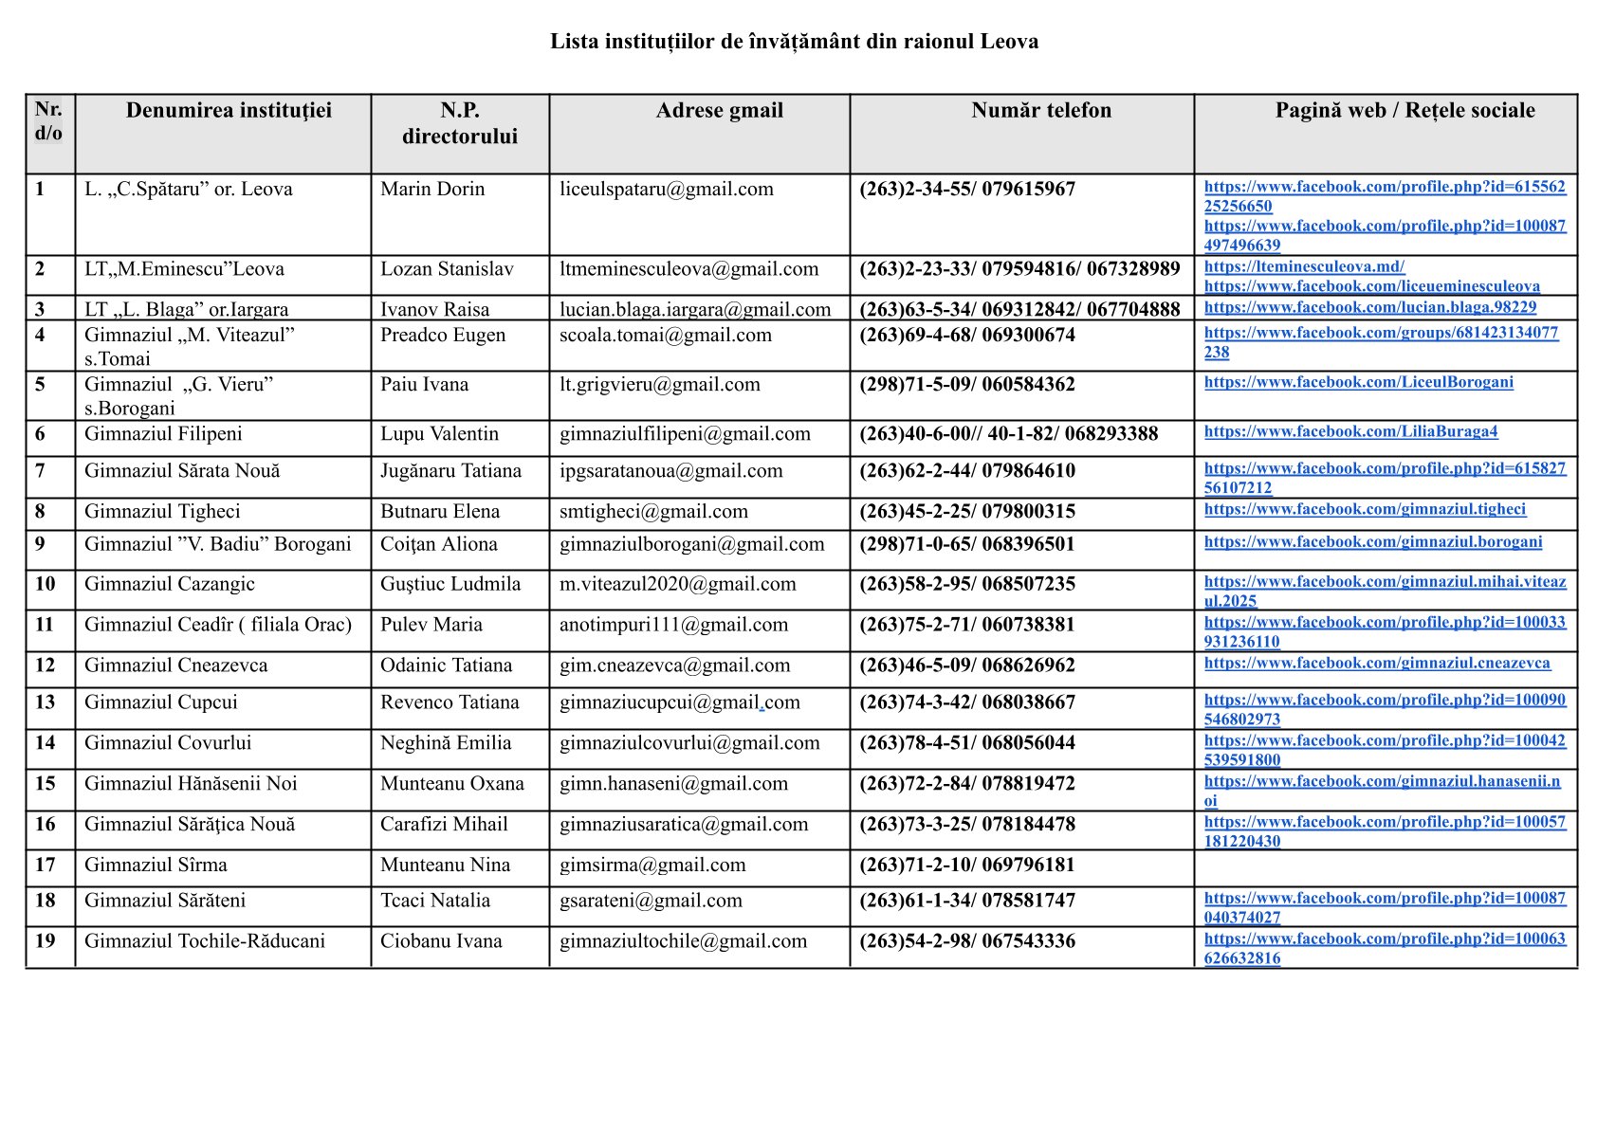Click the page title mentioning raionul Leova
coord(794,42)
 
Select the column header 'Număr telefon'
coord(1040,111)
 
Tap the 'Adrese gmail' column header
coord(719,111)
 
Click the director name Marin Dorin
coord(432,190)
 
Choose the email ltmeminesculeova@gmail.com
coord(688,269)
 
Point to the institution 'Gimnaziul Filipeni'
coord(163,434)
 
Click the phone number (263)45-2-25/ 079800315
coord(966,512)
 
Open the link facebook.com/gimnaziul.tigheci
coord(1365,509)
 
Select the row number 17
coord(46,866)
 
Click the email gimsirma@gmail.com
coord(652,866)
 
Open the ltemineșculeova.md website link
coord(1304,266)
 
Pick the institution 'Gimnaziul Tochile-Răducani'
coord(205,941)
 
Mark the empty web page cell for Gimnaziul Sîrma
coord(1385,866)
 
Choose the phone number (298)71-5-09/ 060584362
coord(966,385)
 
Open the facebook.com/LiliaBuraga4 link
coord(1350,431)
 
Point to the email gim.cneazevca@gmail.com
coord(674,665)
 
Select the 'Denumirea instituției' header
coord(229,111)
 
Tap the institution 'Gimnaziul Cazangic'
coord(170,584)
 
